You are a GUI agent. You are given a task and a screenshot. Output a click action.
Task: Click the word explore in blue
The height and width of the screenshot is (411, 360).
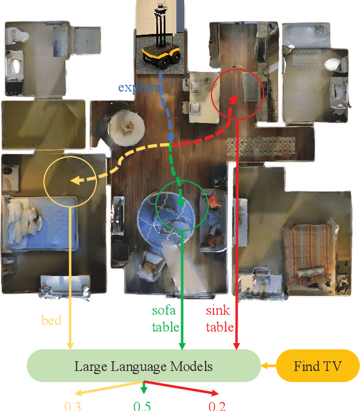[140, 87]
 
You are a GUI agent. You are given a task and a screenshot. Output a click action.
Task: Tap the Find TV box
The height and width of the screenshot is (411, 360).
[318, 366]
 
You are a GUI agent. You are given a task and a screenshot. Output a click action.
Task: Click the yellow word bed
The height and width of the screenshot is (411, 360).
[52, 320]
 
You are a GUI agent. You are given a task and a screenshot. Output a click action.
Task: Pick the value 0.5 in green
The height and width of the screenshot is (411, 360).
[143, 405]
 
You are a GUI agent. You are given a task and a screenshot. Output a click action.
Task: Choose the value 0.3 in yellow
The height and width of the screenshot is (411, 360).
[72, 405]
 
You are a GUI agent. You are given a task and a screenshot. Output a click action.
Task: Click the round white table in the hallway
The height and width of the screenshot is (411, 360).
[128, 127]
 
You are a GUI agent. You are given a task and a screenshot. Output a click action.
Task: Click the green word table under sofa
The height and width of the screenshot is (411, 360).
[165, 327]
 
